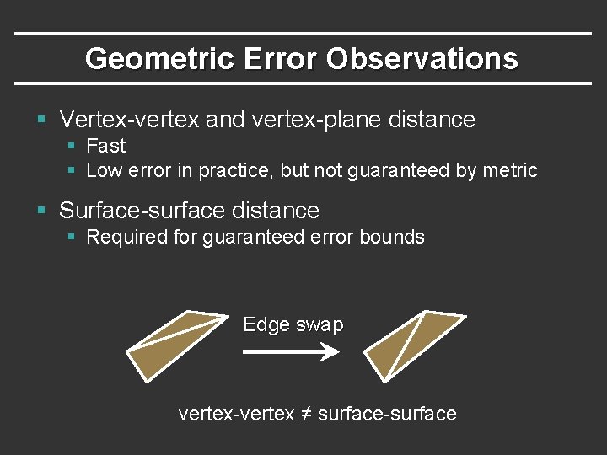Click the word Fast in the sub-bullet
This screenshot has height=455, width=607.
pos(106,146)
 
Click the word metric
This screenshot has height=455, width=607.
pos(510,170)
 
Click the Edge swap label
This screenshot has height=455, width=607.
pos(293,324)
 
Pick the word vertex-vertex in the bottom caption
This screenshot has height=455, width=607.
pos(236,414)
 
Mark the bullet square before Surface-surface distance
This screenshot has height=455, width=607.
pos(41,211)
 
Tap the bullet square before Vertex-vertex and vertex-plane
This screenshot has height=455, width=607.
pos(41,120)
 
